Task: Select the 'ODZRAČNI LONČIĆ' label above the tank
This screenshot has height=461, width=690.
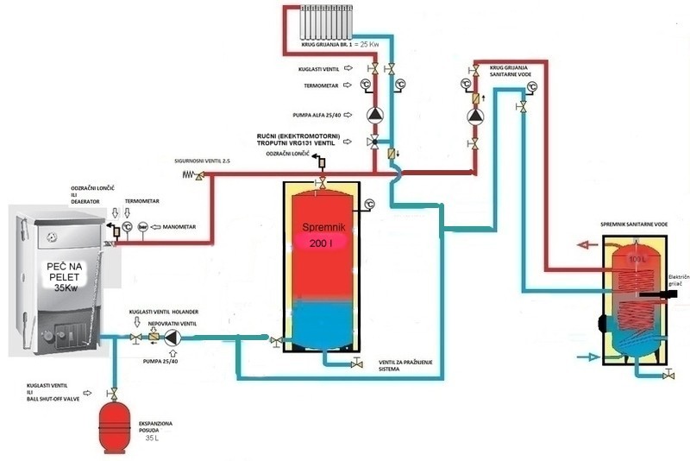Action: (288, 154)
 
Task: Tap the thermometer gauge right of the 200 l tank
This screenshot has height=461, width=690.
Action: (369, 205)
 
